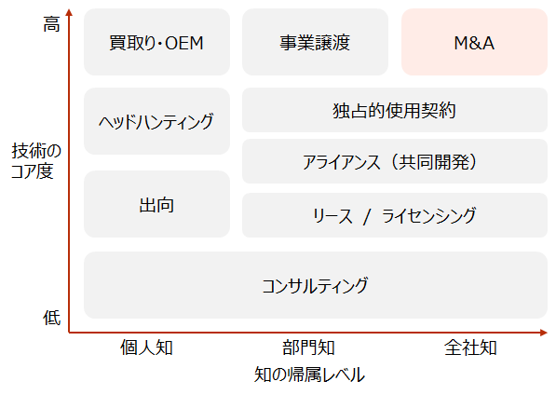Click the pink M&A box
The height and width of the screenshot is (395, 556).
point(474,42)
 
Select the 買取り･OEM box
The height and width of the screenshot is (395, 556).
point(156,42)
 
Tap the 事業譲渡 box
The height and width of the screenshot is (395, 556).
point(315,42)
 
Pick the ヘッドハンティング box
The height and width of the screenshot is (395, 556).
point(156,121)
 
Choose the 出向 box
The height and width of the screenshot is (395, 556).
point(156,204)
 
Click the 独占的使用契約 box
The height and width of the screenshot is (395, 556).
point(395,110)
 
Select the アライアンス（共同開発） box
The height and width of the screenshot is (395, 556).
point(395,161)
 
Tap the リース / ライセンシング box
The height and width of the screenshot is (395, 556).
point(395,215)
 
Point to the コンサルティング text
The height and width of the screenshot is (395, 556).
point(315,285)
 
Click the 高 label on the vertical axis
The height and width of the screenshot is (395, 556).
point(52,24)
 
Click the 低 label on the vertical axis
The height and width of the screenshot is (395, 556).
point(52,318)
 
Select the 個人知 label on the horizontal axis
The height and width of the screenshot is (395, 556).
point(146,347)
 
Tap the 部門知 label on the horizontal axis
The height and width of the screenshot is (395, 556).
point(308,347)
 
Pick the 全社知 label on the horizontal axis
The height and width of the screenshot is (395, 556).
point(470,347)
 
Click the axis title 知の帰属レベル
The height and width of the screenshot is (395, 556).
point(309,375)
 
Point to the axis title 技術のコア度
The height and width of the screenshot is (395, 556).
point(35,161)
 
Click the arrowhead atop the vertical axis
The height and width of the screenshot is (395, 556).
point(69,12)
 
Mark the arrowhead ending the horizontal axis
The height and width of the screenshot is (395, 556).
point(544,333)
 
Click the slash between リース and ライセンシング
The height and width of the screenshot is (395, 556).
point(367,216)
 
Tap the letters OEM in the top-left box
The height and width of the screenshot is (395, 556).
point(184,43)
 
